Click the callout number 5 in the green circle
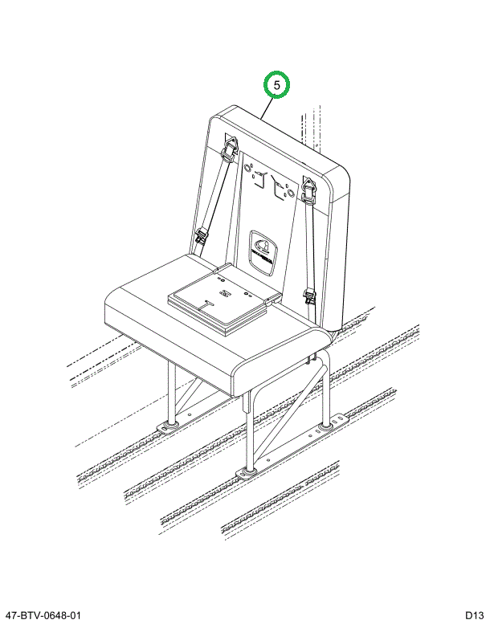click(277, 84)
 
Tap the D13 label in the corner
click(475, 616)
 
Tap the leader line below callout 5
click(267, 108)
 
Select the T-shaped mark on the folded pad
click(207, 304)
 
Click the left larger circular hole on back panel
click(247, 169)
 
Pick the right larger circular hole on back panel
click(291, 194)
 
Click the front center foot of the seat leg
click(250, 471)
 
